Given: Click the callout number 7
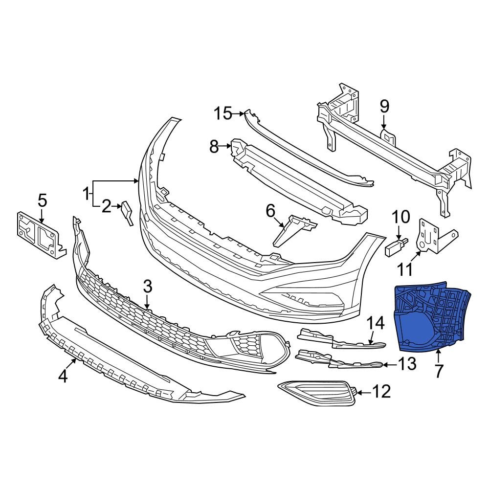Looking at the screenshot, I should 438,371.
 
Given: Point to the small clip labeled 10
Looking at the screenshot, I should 396,247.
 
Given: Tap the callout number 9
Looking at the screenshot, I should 384,105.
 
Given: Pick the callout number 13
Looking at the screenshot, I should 407,364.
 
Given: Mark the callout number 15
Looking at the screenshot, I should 223,113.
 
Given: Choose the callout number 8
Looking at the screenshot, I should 214,146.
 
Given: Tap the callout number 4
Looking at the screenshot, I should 62,376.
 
